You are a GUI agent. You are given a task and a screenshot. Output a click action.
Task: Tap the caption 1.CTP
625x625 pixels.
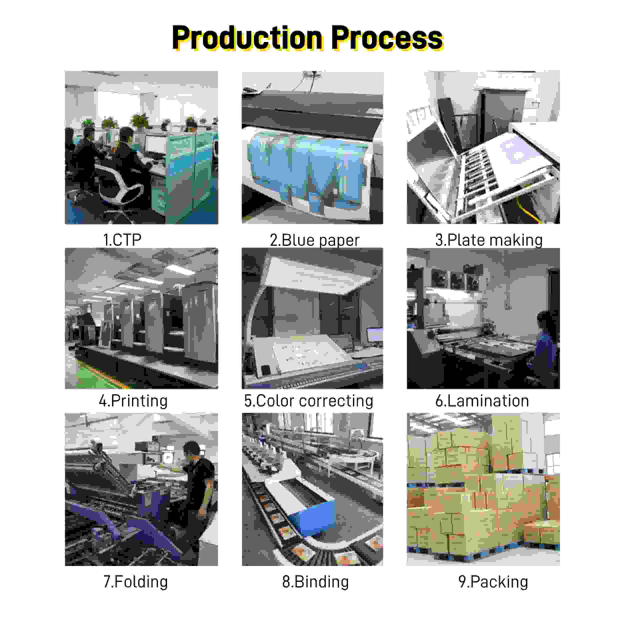point(122,240)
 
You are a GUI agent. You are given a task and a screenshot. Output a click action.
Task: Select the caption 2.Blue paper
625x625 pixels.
point(314,240)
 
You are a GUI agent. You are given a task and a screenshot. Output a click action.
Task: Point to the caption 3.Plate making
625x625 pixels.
point(489,240)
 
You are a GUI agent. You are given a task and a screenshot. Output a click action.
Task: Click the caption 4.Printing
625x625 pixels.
point(133,401)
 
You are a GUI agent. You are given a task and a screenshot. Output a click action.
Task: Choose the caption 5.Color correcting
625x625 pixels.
point(308,401)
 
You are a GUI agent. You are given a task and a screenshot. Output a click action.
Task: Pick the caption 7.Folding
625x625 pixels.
point(135,582)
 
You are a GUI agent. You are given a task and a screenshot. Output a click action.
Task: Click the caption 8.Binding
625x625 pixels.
point(315,582)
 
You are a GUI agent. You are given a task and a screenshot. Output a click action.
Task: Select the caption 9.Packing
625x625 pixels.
point(493,582)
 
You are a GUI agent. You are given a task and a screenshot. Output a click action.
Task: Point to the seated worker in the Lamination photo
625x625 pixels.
point(547,349)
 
